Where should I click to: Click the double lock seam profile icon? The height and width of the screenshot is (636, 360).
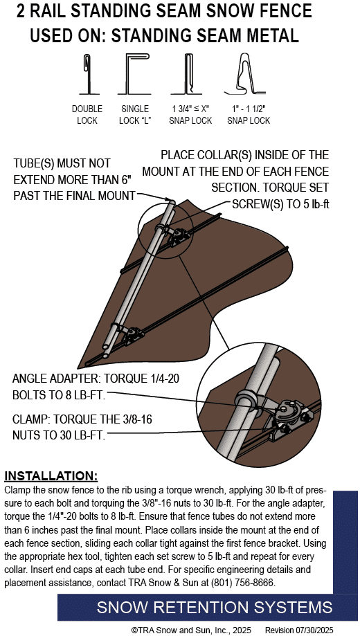[87, 74]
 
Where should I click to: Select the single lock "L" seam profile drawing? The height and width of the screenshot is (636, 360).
[134, 74]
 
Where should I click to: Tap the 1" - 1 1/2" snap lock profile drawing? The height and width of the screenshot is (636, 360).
[245, 73]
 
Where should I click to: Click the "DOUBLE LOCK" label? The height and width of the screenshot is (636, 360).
[87, 115]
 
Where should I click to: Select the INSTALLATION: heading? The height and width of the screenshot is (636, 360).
[51, 475]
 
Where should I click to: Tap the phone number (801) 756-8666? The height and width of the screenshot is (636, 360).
[243, 583]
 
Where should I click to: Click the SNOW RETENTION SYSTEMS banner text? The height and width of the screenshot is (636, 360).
[215, 607]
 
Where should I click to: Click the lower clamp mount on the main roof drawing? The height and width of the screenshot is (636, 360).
[133, 336]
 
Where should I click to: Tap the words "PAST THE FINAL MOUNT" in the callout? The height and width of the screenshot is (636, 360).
[74, 195]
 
